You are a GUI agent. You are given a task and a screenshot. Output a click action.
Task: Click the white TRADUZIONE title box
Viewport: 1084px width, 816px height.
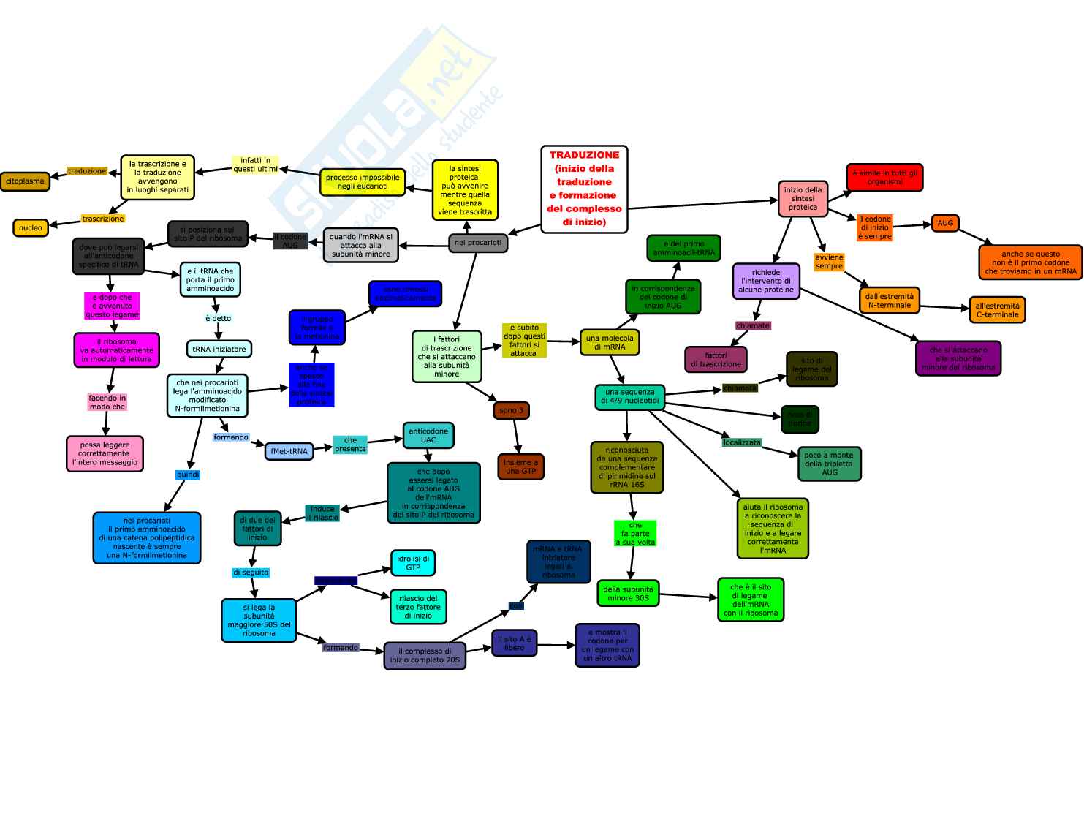click(x=584, y=189)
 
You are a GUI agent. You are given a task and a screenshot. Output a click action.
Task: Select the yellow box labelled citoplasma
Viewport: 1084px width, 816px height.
click(x=25, y=181)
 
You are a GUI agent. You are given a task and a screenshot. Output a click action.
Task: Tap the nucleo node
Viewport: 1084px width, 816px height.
click(x=30, y=227)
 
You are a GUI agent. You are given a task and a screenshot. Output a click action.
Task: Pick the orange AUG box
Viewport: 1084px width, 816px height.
click(x=945, y=223)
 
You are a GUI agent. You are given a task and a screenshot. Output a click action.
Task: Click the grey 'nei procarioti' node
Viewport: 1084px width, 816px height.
click(x=478, y=243)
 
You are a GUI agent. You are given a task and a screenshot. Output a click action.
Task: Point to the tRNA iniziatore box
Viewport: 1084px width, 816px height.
click(x=219, y=349)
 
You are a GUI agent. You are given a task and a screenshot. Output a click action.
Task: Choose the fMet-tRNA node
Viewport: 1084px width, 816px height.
click(x=289, y=451)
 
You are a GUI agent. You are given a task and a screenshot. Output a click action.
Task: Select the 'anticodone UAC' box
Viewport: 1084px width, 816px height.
click(x=428, y=436)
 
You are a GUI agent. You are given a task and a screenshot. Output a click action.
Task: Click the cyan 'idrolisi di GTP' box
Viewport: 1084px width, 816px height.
click(x=413, y=563)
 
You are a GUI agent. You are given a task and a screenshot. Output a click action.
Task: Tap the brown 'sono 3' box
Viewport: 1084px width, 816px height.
click(x=511, y=410)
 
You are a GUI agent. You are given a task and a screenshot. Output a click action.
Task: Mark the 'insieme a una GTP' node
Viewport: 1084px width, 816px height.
click(x=520, y=466)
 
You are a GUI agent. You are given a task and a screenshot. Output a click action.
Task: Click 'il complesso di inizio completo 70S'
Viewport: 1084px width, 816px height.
click(x=425, y=655)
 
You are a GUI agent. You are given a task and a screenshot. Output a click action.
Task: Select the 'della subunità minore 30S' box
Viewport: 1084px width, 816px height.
click(x=628, y=593)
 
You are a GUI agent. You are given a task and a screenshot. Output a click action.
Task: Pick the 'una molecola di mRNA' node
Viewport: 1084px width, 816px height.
click(x=610, y=342)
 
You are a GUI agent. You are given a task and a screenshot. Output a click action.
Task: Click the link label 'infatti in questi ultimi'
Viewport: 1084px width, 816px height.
click(x=255, y=165)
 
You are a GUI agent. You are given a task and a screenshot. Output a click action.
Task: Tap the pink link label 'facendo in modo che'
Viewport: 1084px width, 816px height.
click(x=107, y=402)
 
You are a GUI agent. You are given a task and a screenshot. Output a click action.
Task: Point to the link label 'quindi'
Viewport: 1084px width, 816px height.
click(x=188, y=475)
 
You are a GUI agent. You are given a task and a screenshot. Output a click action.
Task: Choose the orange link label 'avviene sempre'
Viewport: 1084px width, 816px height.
click(x=829, y=262)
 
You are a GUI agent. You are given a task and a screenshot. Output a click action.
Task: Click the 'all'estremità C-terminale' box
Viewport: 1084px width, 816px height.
click(x=997, y=310)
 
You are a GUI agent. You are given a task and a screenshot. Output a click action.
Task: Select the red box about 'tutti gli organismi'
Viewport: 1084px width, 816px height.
click(x=884, y=177)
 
